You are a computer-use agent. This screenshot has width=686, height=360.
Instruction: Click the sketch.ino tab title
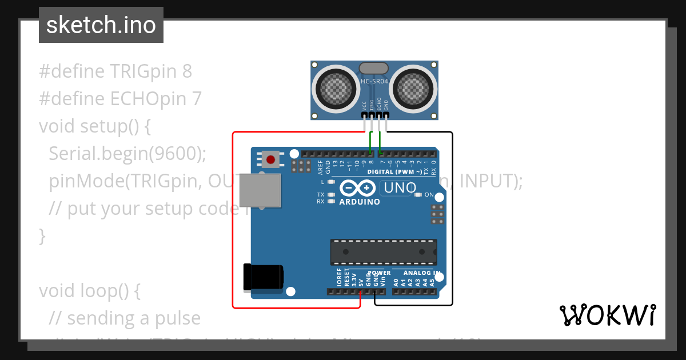pos(101,25)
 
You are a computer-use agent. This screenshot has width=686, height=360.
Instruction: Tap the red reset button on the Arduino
pos(270,159)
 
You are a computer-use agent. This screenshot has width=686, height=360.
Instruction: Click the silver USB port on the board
pos(260,190)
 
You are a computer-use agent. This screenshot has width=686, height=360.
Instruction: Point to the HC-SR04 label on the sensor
pos(374,81)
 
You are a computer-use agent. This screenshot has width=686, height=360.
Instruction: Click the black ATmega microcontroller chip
pos(383,252)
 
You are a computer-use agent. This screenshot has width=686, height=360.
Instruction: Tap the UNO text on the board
pos(400,187)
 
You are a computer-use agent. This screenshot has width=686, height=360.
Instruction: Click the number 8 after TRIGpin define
pos(187,71)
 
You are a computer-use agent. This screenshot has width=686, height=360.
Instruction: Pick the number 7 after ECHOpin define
pos(197,99)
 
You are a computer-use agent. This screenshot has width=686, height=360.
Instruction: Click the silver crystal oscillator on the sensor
pos(374,69)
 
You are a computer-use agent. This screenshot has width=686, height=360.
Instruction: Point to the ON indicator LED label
pos(429,195)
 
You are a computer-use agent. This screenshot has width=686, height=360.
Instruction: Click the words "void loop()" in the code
pos(89,291)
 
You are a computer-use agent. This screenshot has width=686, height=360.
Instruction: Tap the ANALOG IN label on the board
pos(421,273)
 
